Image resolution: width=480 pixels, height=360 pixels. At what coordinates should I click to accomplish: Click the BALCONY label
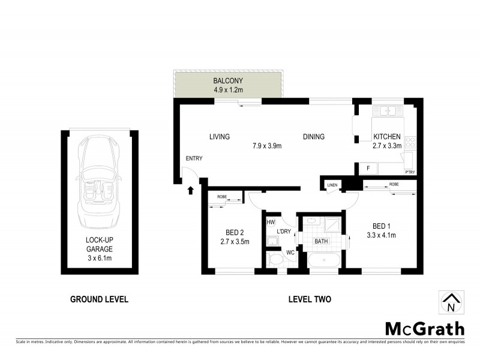pos(228,81)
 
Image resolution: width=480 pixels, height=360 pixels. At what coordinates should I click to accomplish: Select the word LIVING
pos(220,137)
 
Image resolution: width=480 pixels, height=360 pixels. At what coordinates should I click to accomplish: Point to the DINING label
pos(313,137)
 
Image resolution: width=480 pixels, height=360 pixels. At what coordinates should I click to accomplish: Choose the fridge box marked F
pos(367,169)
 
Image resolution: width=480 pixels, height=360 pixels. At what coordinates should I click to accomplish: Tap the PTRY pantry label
pos(410,172)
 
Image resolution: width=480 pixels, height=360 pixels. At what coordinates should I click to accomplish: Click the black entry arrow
pos(191,191)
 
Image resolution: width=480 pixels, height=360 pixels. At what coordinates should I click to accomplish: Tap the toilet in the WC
pos(277,260)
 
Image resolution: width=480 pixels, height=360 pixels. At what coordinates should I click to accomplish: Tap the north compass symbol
pos(451,302)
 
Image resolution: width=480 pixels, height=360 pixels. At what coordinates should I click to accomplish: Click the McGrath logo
pos(424,328)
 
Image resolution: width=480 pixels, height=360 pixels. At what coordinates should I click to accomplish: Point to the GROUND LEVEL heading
pos(99,299)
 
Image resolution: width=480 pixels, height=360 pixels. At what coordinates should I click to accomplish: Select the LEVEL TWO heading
pos(310,299)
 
